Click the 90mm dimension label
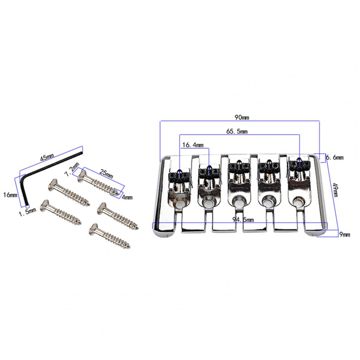pyautogui.click(x=242, y=118)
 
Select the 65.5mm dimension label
pyautogui.click(x=237, y=132)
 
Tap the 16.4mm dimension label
pyautogui.click(x=193, y=145)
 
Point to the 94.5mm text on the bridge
pyautogui.click(x=243, y=220)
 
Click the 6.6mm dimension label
pyautogui.click(x=335, y=158)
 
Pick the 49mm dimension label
pyautogui.click(x=335, y=190)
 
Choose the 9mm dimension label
pyautogui.click(x=345, y=234)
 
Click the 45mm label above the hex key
pyautogui.click(x=47, y=157)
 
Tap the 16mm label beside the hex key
pyautogui.click(x=10, y=195)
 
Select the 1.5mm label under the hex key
pyautogui.click(x=27, y=211)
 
